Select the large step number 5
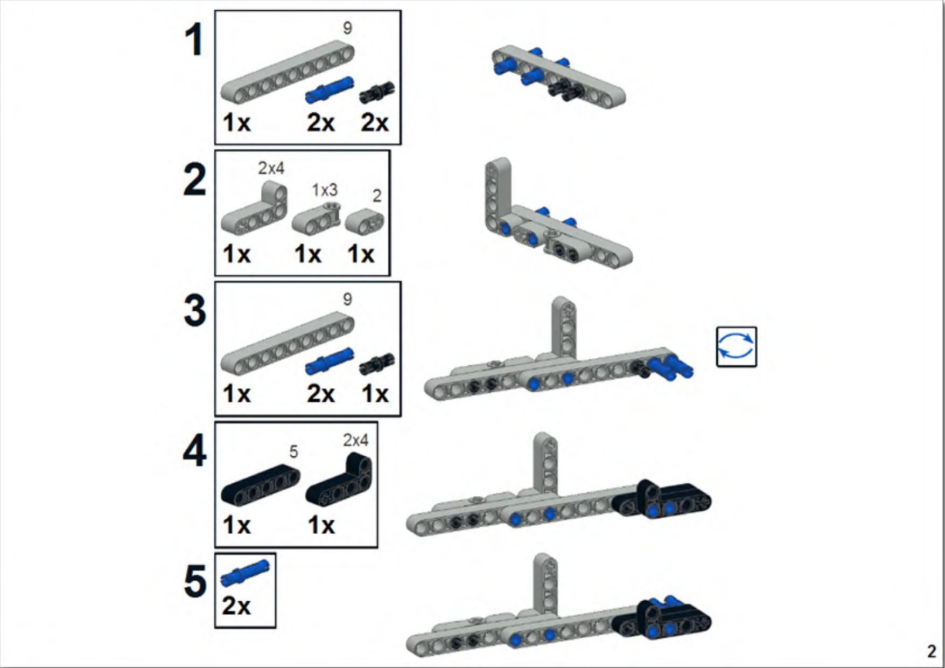[194, 582]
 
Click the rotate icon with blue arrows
[736, 346]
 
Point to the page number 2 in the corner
[932, 651]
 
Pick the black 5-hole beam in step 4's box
[261, 484]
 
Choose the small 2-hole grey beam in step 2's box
[365, 222]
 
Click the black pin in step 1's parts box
[377, 93]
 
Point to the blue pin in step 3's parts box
[330, 361]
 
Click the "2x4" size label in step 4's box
[355, 440]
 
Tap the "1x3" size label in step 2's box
[325, 190]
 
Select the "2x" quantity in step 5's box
[236, 606]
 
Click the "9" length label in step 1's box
[347, 28]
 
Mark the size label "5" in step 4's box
[293, 451]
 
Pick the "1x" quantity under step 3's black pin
[375, 394]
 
